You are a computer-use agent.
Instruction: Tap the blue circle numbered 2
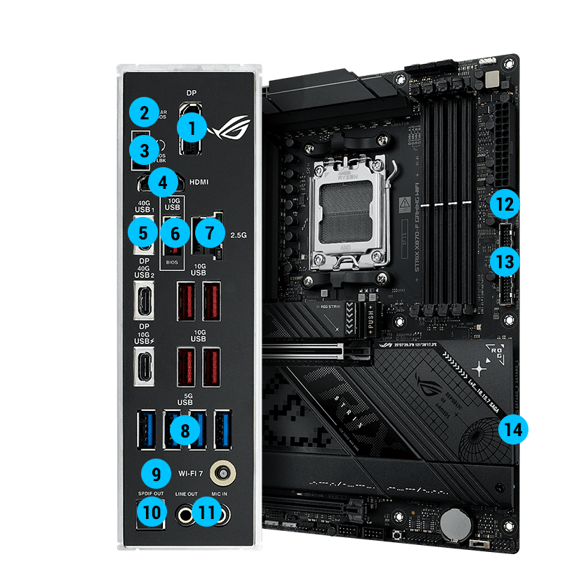point(145,112)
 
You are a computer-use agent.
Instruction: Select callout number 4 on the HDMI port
point(163,183)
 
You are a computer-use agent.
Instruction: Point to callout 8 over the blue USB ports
point(185,429)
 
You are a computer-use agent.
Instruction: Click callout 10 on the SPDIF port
point(152,513)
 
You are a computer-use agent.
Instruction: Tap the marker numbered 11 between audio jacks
point(206,513)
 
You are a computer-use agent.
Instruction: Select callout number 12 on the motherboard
point(505,205)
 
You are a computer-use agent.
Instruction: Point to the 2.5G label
point(239,235)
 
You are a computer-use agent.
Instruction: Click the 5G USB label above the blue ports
point(185,397)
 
